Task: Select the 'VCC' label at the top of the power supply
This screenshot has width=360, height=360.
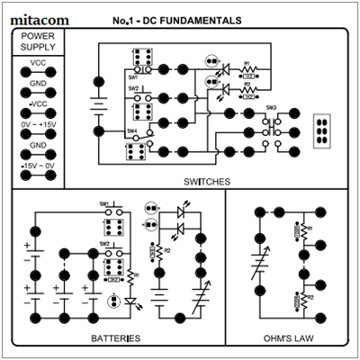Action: pyautogui.click(x=39, y=63)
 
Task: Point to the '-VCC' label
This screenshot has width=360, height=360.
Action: pyautogui.click(x=39, y=103)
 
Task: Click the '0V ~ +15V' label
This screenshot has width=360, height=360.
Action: pyautogui.click(x=39, y=123)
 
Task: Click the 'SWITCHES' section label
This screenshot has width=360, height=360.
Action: pyautogui.click(x=206, y=181)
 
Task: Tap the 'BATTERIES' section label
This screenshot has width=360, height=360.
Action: pyautogui.click(x=116, y=338)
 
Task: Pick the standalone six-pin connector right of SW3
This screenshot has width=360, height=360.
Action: pyautogui.click(x=322, y=130)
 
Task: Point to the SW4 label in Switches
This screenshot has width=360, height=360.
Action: pyautogui.click(x=131, y=130)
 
